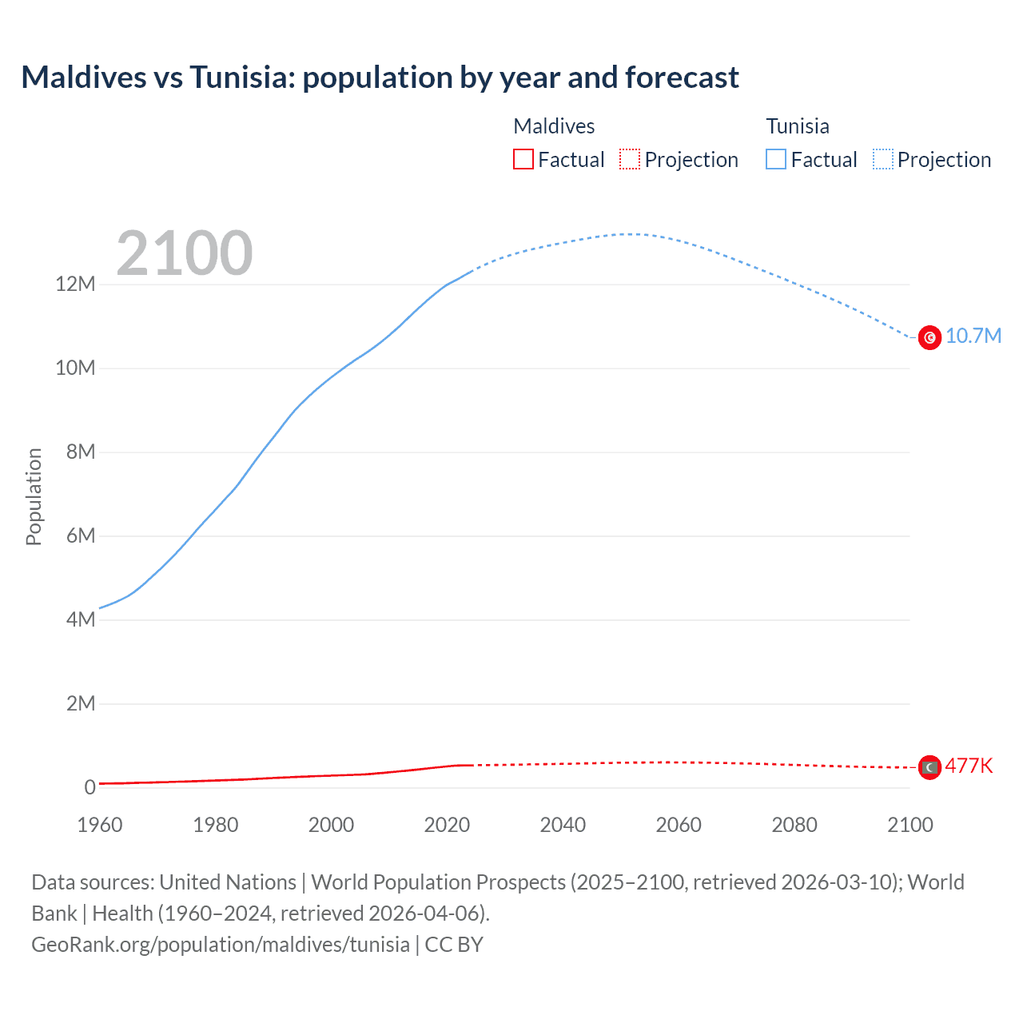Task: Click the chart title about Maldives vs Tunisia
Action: pyautogui.click(x=380, y=78)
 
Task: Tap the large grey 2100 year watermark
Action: pyautogui.click(x=185, y=253)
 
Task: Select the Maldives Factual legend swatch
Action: pyautogui.click(x=523, y=159)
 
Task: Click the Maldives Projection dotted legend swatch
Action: pyautogui.click(x=630, y=159)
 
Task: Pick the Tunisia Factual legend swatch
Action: pyautogui.click(x=775, y=159)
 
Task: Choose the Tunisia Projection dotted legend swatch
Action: pyautogui.click(x=882, y=159)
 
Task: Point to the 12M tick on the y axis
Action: pyautogui.click(x=75, y=284)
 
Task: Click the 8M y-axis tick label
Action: pyautogui.click(x=80, y=452)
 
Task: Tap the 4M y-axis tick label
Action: pyautogui.click(x=80, y=619)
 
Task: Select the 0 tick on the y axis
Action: pyautogui.click(x=90, y=787)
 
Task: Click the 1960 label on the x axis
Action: pyautogui.click(x=100, y=825)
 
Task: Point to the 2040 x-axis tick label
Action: pyautogui.click(x=563, y=825)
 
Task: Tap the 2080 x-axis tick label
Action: pyautogui.click(x=794, y=825)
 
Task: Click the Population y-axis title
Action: pyautogui.click(x=34, y=496)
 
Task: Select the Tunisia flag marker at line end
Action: pyautogui.click(x=929, y=338)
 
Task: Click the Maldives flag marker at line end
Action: pyautogui.click(x=929, y=767)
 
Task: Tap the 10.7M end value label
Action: pyautogui.click(x=973, y=336)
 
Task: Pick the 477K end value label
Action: pyautogui.click(x=969, y=766)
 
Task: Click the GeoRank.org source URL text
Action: pyautogui.click(x=221, y=944)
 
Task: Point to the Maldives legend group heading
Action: pyautogui.click(x=554, y=126)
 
